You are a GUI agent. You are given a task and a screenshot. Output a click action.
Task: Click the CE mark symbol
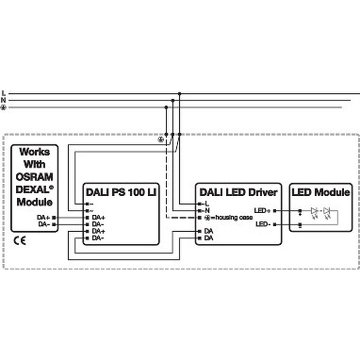(x=20, y=240)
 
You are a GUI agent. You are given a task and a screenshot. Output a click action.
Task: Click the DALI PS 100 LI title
(x=121, y=192)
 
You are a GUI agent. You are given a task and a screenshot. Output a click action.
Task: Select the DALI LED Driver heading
(x=238, y=192)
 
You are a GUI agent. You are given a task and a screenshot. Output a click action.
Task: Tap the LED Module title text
(x=321, y=192)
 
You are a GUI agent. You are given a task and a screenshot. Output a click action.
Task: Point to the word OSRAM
(x=35, y=177)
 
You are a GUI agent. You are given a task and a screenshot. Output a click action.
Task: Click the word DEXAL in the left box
(x=32, y=189)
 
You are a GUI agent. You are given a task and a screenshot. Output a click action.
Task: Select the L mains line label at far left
(x=4, y=93)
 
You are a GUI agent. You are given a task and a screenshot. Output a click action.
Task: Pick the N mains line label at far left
(x=3, y=100)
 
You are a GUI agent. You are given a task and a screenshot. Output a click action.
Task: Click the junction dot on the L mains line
(x=180, y=94)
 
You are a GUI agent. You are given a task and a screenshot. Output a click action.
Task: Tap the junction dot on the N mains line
(x=173, y=100)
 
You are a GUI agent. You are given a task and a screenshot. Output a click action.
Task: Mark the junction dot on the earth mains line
(x=166, y=107)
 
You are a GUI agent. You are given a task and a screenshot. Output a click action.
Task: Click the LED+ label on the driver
(x=263, y=211)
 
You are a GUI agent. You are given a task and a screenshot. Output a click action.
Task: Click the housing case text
(x=234, y=217)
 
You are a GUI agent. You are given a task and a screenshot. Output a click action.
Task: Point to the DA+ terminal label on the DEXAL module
(x=44, y=217)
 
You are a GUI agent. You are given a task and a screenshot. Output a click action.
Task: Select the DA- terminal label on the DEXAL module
(x=44, y=224)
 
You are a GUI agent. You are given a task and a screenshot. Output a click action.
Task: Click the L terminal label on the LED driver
(x=207, y=204)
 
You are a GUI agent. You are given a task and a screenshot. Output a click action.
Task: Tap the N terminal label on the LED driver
(x=207, y=211)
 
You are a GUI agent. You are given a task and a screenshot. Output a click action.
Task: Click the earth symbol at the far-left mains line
(x=4, y=107)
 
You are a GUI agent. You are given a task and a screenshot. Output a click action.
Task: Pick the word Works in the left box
(x=35, y=152)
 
